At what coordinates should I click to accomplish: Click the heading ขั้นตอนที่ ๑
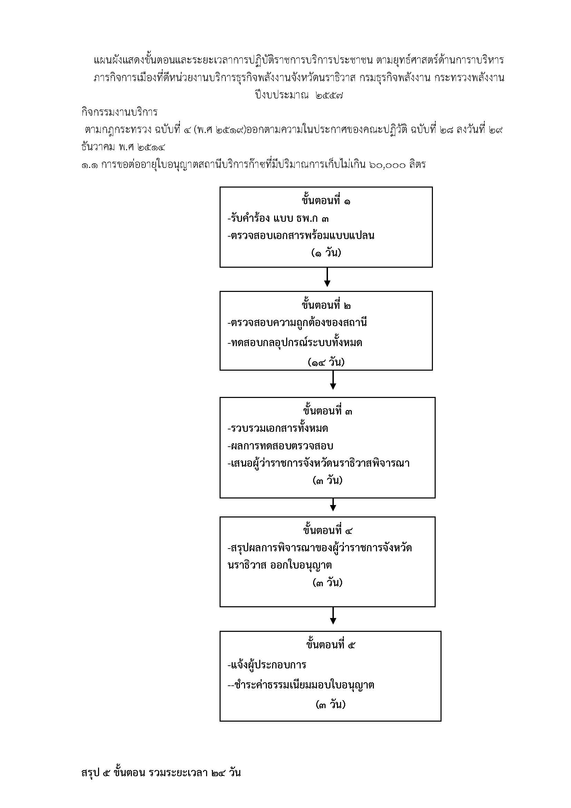pyautogui.click(x=326, y=201)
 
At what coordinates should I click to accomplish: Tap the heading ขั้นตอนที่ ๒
pyautogui.click(x=326, y=305)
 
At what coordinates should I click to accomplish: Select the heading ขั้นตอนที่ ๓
pyautogui.click(x=327, y=411)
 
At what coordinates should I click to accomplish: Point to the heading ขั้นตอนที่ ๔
pyautogui.click(x=327, y=530)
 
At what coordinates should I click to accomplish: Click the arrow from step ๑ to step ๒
pyautogui.click(x=327, y=277)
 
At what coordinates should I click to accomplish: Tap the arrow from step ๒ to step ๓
pyautogui.click(x=332, y=380)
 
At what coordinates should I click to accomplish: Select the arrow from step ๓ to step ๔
pyautogui.click(x=332, y=504)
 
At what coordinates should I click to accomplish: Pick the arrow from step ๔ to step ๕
pyautogui.click(x=332, y=616)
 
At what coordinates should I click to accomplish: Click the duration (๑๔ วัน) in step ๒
pyautogui.click(x=326, y=362)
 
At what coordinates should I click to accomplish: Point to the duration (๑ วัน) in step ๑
pyautogui.click(x=326, y=253)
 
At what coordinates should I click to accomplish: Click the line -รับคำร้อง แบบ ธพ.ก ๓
pyautogui.click(x=278, y=218)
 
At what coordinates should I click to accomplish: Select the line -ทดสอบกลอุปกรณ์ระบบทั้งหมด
pyautogui.click(x=294, y=342)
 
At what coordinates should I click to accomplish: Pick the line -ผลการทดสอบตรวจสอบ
pyautogui.click(x=280, y=446)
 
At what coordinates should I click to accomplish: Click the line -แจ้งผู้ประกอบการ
pyautogui.click(x=267, y=665)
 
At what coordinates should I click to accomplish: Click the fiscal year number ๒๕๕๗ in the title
pyautogui.click(x=329, y=95)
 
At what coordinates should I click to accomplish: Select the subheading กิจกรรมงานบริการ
pyautogui.click(x=119, y=112)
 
